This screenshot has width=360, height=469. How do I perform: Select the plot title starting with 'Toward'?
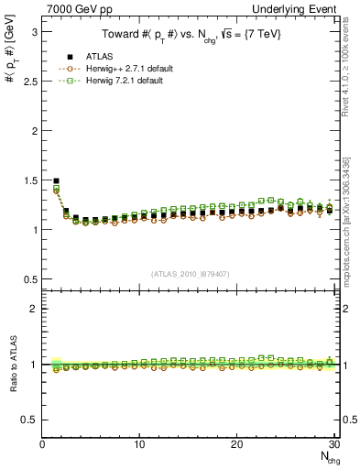[x=191, y=36]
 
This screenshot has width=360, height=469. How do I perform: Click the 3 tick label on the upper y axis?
[x=33, y=31]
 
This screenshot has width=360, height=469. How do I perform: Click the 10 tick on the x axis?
[x=139, y=444]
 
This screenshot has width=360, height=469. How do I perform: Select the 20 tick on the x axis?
[x=236, y=444]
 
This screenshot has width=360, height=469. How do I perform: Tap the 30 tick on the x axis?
[x=333, y=444]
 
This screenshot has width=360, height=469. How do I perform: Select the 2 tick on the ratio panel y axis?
[x=33, y=309]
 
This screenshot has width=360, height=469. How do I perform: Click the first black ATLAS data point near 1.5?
[x=57, y=181]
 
